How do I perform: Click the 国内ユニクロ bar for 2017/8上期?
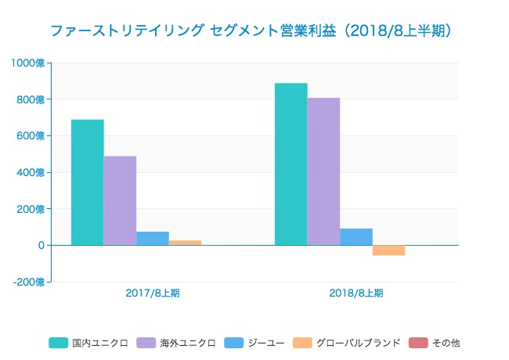(87, 182)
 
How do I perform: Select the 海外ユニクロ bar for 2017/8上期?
(120, 200)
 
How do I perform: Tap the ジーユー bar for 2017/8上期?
(153, 238)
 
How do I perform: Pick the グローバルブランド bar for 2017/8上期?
(186, 243)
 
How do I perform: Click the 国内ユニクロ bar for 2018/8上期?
(291, 164)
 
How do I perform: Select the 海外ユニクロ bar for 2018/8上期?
(323, 171)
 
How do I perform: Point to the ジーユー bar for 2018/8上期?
(356, 236)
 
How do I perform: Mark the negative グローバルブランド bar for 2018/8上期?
(389, 250)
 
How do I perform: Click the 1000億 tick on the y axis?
(28, 63)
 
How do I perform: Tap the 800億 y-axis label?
(31, 99)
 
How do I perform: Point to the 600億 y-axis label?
(31, 135)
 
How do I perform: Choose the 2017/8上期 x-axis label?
(153, 293)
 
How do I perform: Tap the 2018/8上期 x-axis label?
(356, 293)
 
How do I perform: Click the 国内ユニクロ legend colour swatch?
(58, 343)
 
